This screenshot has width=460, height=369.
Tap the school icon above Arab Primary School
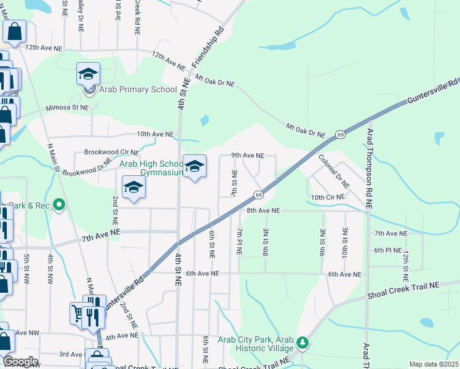pyautogui.click(x=88, y=74)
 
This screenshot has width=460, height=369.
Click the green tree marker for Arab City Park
pyautogui.click(x=302, y=342)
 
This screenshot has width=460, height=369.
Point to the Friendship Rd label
pyautogui.click(x=207, y=47)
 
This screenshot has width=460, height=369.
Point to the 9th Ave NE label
pyautogui.click(x=247, y=156)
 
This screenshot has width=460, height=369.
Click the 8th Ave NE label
pyautogui.click(x=263, y=210)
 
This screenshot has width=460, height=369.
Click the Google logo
pyautogui.click(x=20, y=362)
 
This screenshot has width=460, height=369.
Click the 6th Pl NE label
pyautogui.click(x=387, y=250)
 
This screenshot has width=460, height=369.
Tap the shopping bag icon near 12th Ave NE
pyautogui.click(x=15, y=31)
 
